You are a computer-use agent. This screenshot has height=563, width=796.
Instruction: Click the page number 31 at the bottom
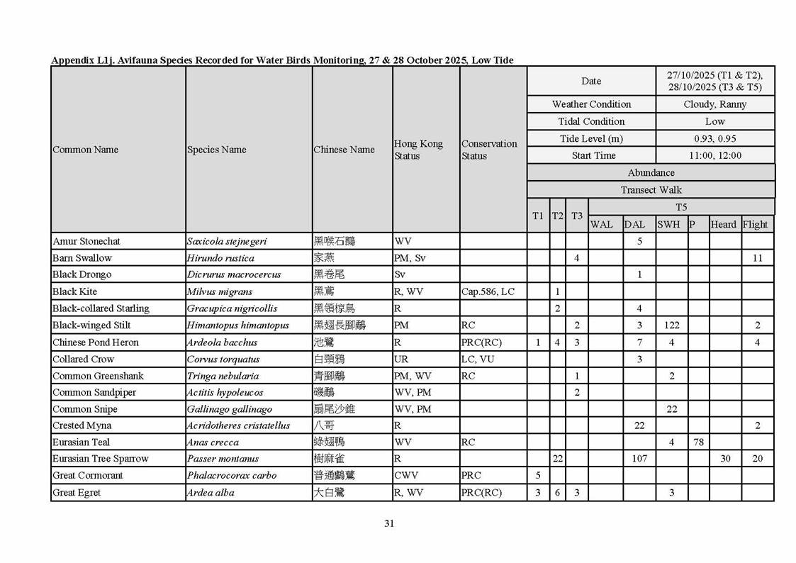click(388, 524)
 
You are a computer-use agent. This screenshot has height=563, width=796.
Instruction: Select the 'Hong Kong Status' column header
click(418, 150)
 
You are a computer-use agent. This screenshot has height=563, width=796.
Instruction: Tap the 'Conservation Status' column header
click(489, 150)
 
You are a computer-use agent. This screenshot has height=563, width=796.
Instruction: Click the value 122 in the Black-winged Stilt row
click(671, 325)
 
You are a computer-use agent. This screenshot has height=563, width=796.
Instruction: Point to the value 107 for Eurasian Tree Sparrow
click(639, 459)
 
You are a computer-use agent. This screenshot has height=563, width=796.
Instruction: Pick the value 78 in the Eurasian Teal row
click(698, 442)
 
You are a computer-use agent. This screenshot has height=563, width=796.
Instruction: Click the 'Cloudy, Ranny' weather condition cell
click(714, 104)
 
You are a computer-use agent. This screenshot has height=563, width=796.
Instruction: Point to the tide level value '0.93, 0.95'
click(714, 139)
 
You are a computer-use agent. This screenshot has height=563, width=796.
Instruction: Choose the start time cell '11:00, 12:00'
click(714, 156)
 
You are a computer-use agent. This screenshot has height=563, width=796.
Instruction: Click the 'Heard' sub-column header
click(724, 225)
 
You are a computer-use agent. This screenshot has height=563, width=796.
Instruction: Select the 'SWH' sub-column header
click(668, 225)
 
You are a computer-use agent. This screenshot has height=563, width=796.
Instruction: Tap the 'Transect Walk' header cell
click(651, 190)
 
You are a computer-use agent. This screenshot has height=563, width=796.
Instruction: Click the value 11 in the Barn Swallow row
click(757, 258)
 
